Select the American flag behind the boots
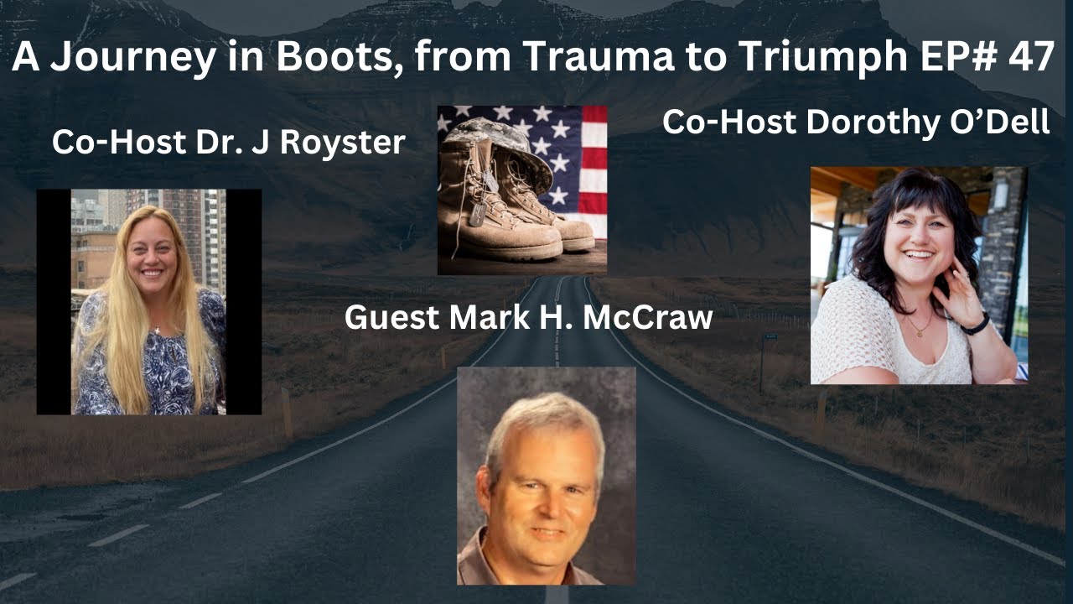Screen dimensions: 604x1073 (578, 159)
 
